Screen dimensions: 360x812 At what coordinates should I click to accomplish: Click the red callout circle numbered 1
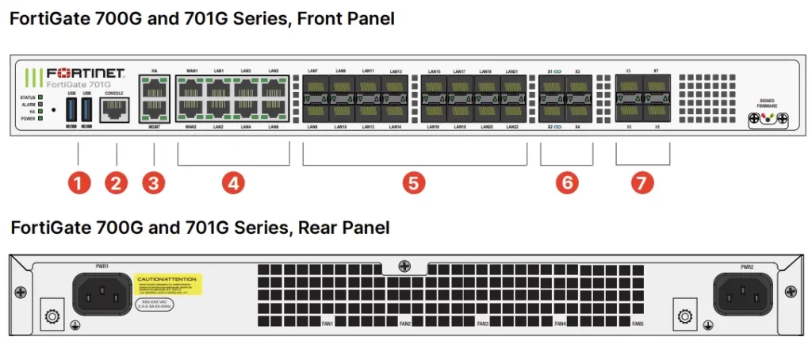click(x=78, y=183)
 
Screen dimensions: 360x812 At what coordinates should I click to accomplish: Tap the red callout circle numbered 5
click(x=413, y=183)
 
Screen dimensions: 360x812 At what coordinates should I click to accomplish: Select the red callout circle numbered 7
click(x=643, y=183)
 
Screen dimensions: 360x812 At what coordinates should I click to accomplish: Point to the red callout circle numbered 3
click(x=154, y=183)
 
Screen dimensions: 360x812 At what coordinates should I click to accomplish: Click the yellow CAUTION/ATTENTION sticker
click(x=169, y=284)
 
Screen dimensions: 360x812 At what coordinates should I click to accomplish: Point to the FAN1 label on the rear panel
click(x=327, y=324)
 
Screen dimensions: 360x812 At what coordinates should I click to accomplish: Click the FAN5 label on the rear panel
click(x=638, y=324)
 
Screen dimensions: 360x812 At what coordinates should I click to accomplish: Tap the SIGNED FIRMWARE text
click(x=766, y=103)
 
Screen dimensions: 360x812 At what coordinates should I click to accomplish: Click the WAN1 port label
click(x=192, y=71)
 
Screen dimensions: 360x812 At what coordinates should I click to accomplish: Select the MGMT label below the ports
click(x=153, y=127)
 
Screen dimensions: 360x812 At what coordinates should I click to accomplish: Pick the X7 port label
click(x=656, y=71)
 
